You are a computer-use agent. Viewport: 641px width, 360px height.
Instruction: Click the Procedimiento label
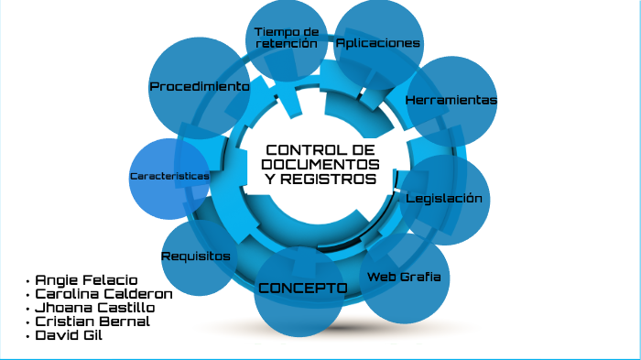(200, 86)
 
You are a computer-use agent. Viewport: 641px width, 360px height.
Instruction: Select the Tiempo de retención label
(287, 38)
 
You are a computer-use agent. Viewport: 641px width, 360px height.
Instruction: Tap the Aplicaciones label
(378, 43)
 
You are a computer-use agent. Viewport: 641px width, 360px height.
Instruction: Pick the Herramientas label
(451, 100)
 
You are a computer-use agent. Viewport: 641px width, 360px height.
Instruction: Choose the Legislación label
(443, 198)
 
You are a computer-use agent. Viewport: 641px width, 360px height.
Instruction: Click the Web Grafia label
(404, 277)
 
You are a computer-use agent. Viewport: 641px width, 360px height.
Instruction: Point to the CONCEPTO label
(302, 289)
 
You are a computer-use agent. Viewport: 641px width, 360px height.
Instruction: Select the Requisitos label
(196, 256)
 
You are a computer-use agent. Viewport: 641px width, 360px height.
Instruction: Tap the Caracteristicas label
(169, 175)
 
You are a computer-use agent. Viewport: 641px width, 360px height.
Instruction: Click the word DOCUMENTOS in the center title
(320, 164)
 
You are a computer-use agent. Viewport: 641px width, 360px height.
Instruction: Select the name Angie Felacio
(86, 279)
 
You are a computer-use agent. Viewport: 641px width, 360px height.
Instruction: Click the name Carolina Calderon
(103, 294)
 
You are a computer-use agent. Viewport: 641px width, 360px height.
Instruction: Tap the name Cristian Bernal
(92, 322)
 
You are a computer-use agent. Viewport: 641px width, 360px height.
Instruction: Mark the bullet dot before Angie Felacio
(28, 280)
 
